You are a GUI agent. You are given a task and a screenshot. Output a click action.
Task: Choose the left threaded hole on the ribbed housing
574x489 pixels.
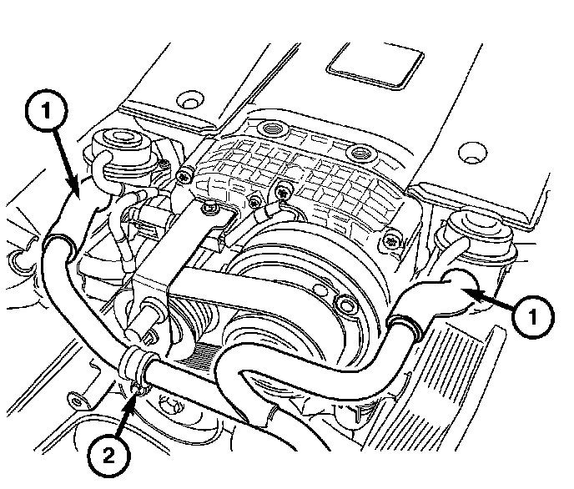click(272, 130)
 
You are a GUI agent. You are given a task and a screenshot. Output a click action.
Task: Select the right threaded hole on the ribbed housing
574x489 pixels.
click(360, 153)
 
